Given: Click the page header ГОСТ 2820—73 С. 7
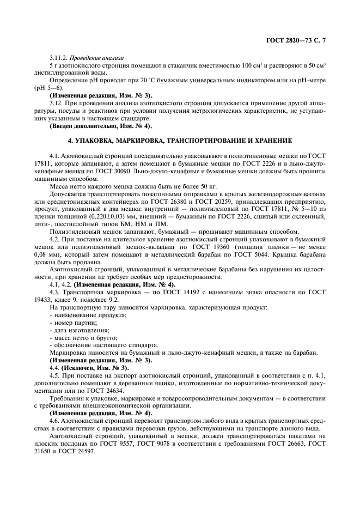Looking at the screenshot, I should [x=299, y=40].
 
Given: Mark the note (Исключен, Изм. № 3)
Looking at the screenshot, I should [x=89, y=368].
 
